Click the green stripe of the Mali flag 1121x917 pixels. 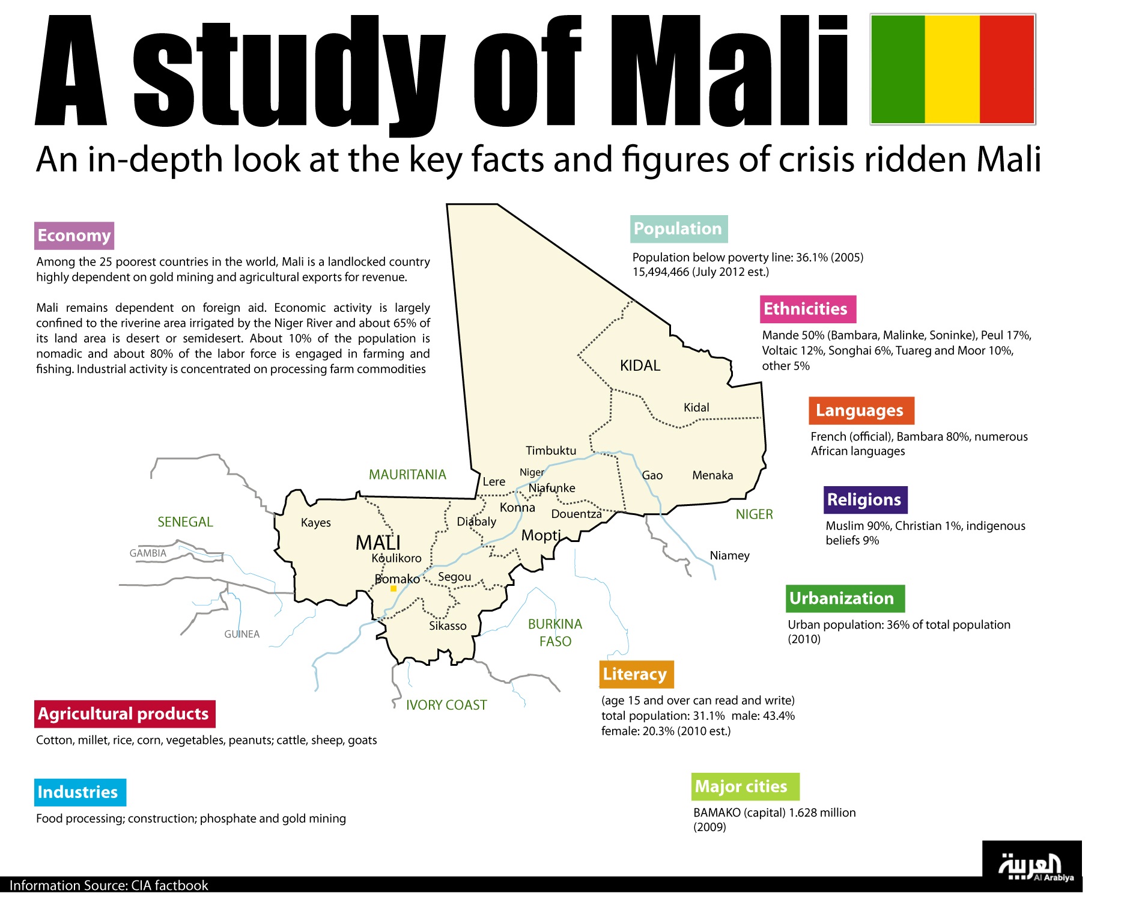click(x=898, y=69)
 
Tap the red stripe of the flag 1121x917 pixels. click(x=1007, y=69)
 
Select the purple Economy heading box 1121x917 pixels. click(x=74, y=236)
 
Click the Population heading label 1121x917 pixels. click(x=678, y=229)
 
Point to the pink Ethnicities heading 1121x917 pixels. click(x=807, y=309)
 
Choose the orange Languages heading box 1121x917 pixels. click(x=860, y=410)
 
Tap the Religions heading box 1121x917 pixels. click(x=864, y=500)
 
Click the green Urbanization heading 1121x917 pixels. click(x=844, y=599)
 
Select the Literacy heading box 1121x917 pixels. click(x=636, y=674)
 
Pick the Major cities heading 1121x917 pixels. click(x=744, y=787)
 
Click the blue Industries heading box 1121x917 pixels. click(x=79, y=792)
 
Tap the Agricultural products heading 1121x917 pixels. click(x=124, y=714)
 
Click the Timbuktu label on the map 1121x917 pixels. click(x=550, y=451)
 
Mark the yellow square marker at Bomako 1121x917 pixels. click(x=393, y=589)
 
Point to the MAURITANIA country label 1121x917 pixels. click(x=407, y=475)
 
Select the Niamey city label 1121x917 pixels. click(x=729, y=555)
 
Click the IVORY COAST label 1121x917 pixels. click(x=446, y=705)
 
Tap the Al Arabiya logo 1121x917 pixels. click(x=1031, y=867)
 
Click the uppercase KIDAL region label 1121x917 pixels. click(x=640, y=365)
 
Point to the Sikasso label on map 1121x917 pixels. click(x=448, y=626)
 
